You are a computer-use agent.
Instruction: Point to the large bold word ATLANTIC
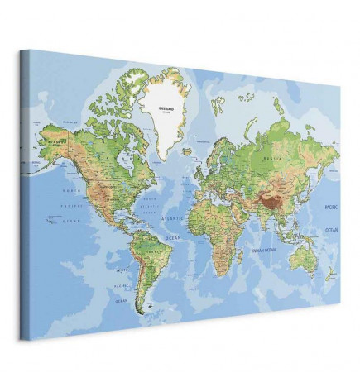(x=173, y=218)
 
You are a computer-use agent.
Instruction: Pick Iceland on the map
(x=188, y=151)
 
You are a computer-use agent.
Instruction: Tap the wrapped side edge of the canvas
(x=25, y=198)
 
